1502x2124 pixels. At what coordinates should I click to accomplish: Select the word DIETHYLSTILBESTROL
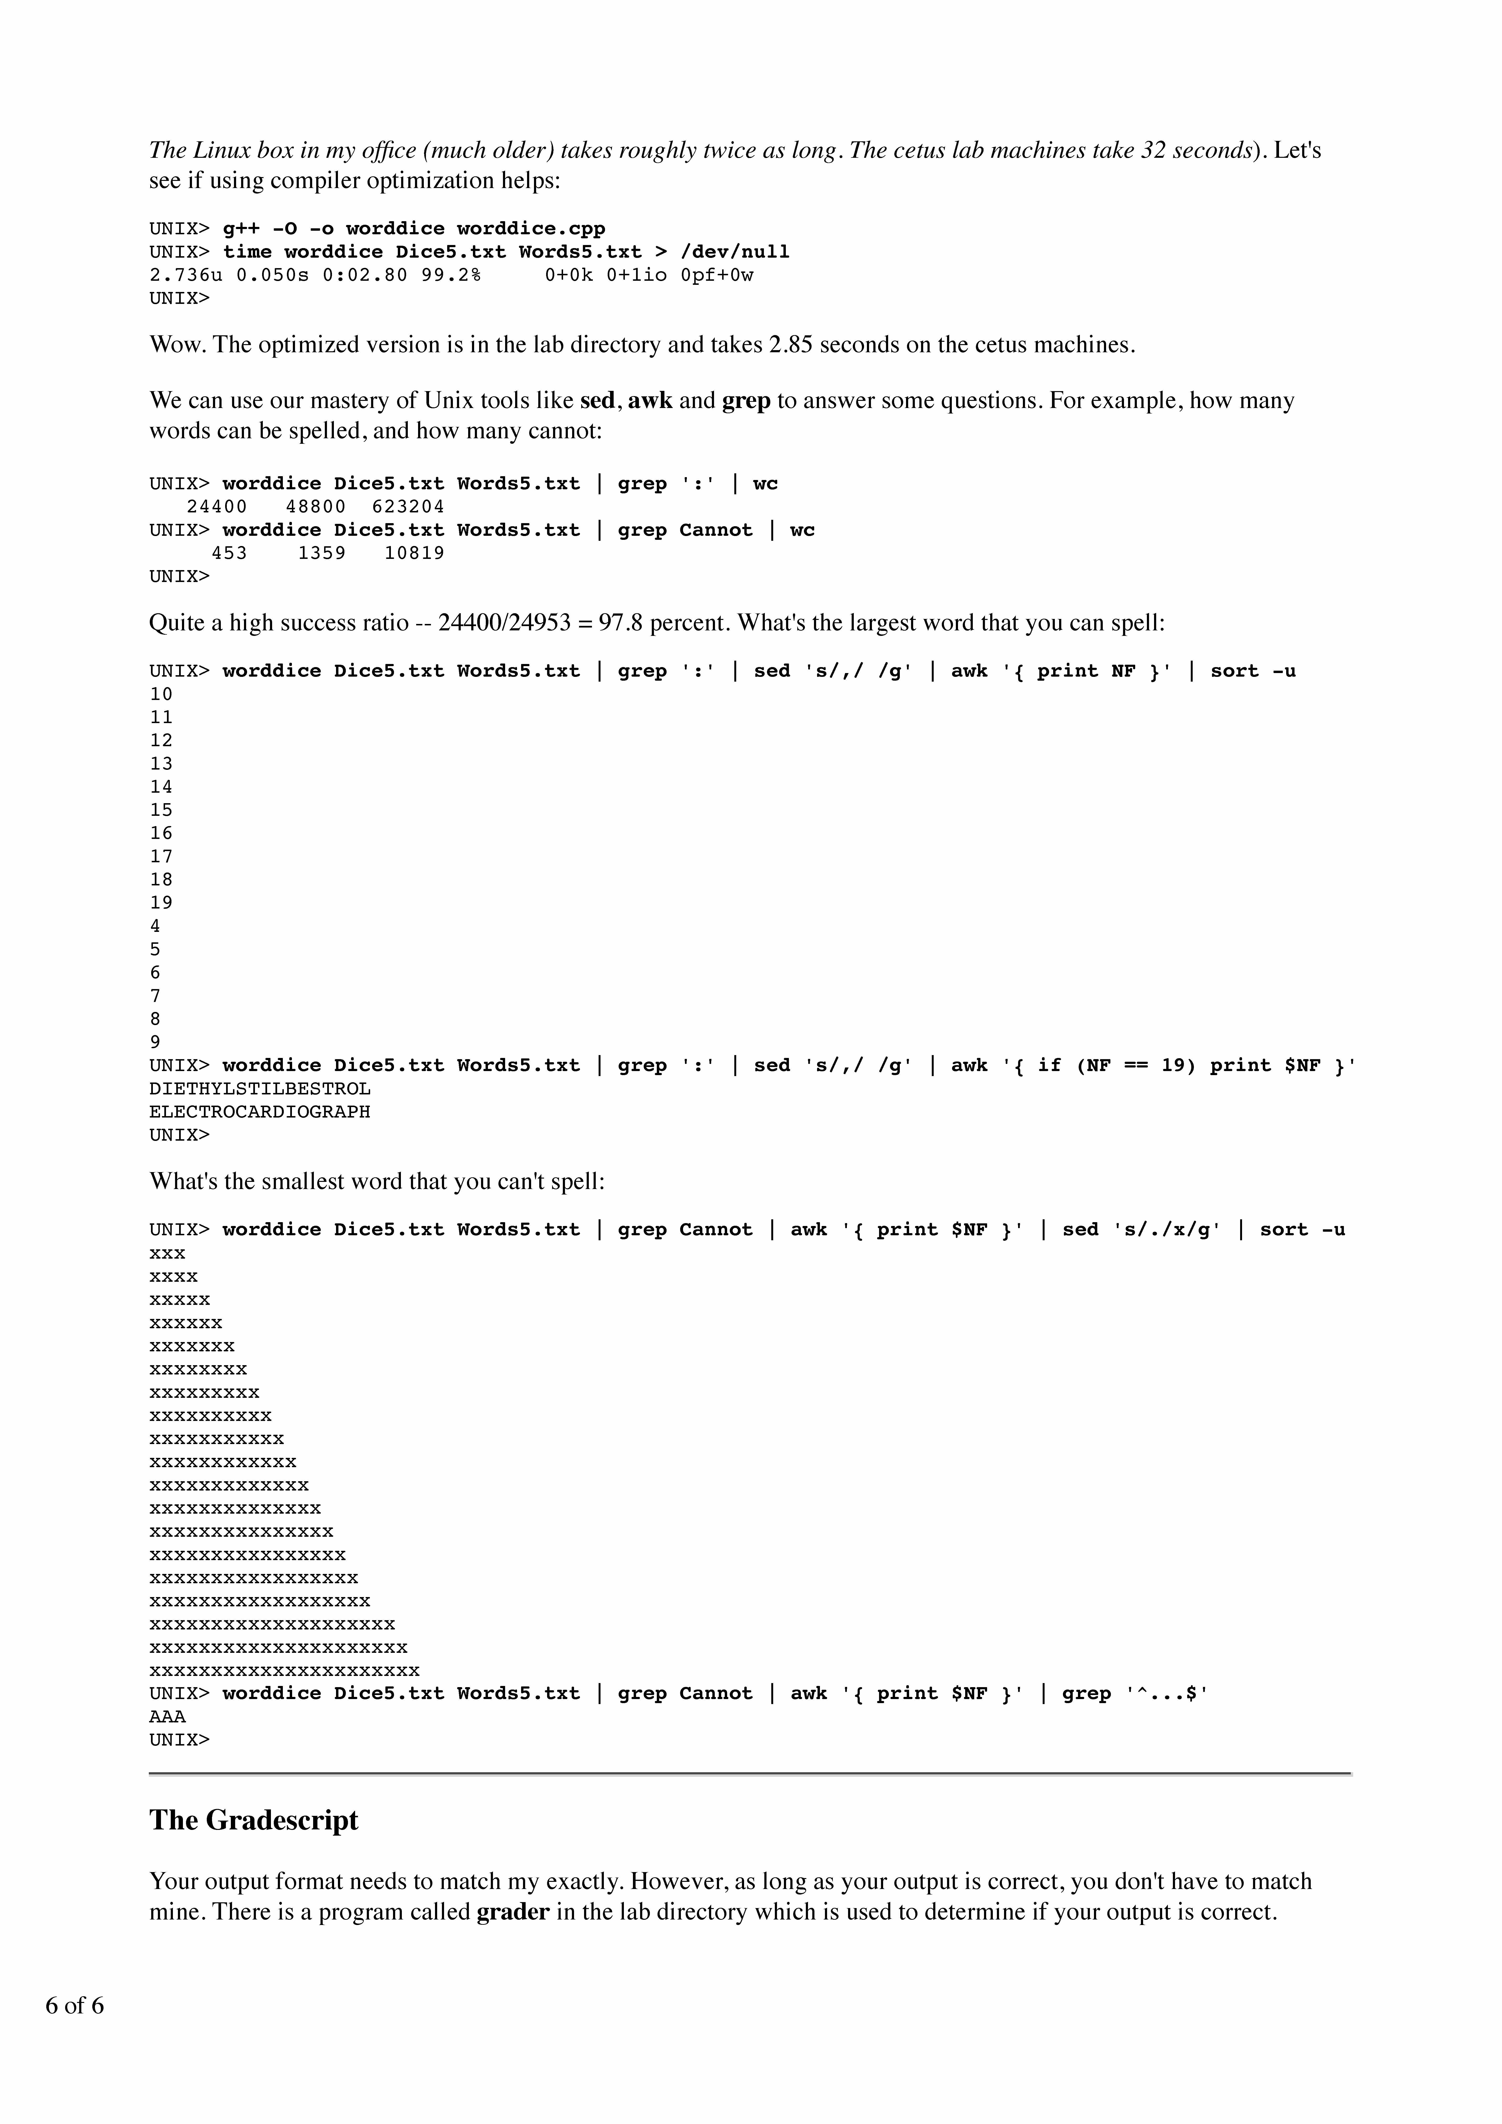[x=260, y=1089]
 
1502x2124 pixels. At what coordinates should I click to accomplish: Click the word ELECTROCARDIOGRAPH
[x=260, y=1112]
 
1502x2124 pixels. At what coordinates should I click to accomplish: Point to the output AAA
[x=167, y=1717]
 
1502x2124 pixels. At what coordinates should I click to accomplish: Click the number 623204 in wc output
[x=408, y=507]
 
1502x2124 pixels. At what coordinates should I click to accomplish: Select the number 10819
[x=414, y=553]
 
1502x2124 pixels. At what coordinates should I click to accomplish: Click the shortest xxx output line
[x=167, y=1253]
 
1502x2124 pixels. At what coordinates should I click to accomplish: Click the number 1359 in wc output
[x=322, y=553]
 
